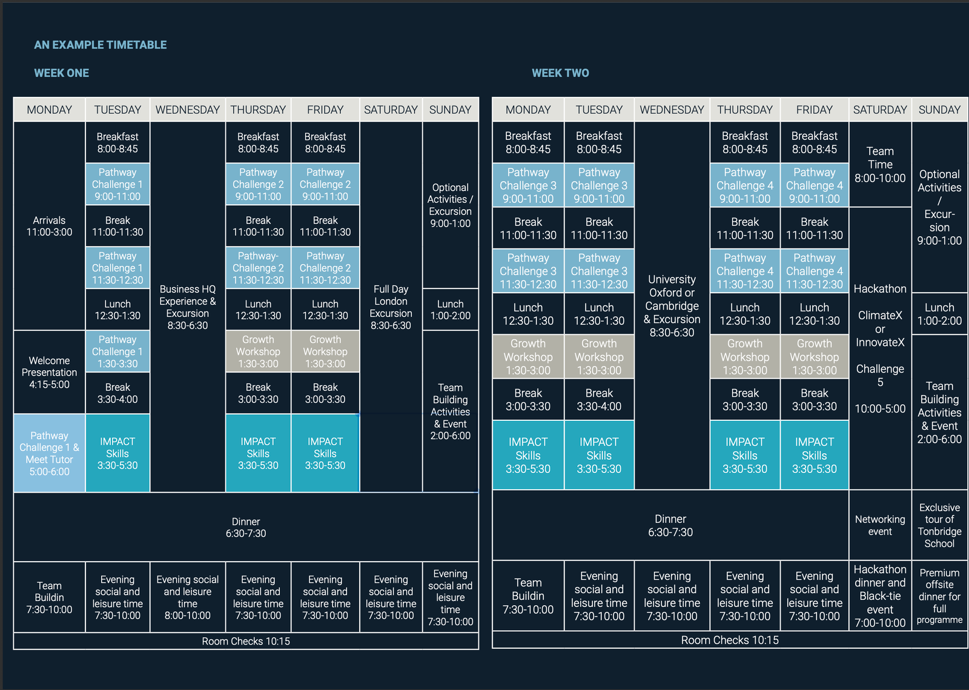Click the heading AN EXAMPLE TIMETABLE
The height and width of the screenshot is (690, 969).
[x=101, y=45]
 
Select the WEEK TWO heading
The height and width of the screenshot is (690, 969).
[x=560, y=73]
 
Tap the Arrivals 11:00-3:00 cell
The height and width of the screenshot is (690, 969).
[x=49, y=226]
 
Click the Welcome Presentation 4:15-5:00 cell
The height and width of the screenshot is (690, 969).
[x=49, y=373]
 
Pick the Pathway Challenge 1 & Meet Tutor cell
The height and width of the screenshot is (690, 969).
[x=49, y=453]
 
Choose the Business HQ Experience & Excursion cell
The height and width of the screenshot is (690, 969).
[x=188, y=307]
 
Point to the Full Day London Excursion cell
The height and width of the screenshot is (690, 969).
[x=391, y=307]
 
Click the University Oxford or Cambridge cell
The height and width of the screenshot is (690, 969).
[x=672, y=305]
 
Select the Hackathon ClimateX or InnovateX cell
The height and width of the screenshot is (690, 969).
[x=880, y=348]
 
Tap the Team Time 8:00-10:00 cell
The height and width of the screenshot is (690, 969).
[x=880, y=164]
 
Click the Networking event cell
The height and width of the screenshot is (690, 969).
[x=880, y=525]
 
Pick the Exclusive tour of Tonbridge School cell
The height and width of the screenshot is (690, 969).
[x=939, y=525]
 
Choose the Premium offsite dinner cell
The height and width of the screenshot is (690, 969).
[x=939, y=596]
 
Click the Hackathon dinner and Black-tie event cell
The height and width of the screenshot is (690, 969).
[x=880, y=596]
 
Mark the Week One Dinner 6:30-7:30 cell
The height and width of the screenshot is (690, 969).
[x=246, y=527]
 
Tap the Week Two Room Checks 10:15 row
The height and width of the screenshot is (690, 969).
[x=730, y=640]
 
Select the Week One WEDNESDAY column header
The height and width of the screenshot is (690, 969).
[x=188, y=110]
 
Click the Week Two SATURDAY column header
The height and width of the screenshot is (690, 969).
[x=880, y=110]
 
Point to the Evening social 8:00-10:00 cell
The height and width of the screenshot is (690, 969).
[x=188, y=597]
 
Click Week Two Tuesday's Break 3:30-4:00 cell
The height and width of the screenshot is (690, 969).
[x=599, y=399]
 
